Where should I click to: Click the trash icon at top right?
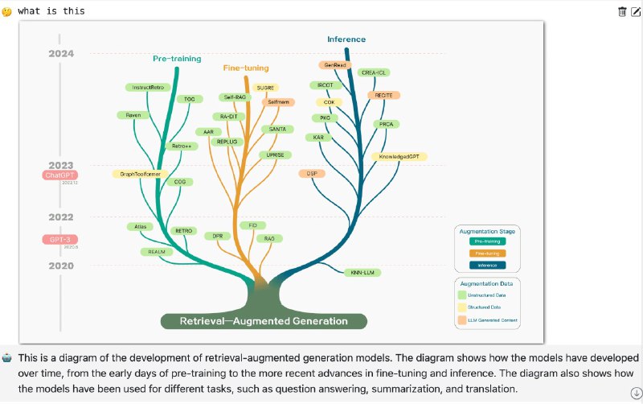coord(622,11)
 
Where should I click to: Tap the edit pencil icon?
coord(636,11)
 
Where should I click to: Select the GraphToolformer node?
coord(141,174)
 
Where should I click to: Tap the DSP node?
coord(310,173)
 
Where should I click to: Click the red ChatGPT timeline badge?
coord(60,175)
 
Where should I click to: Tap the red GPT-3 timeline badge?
coord(60,239)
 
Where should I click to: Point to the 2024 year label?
coord(61,53)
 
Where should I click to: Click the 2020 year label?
coord(61,265)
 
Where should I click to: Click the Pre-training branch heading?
coord(177,58)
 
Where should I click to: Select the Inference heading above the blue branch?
coord(346,39)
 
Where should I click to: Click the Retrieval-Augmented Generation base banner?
coord(264,321)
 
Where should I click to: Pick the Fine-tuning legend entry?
coord(488,253)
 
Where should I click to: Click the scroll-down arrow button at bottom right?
coord(636,393)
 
